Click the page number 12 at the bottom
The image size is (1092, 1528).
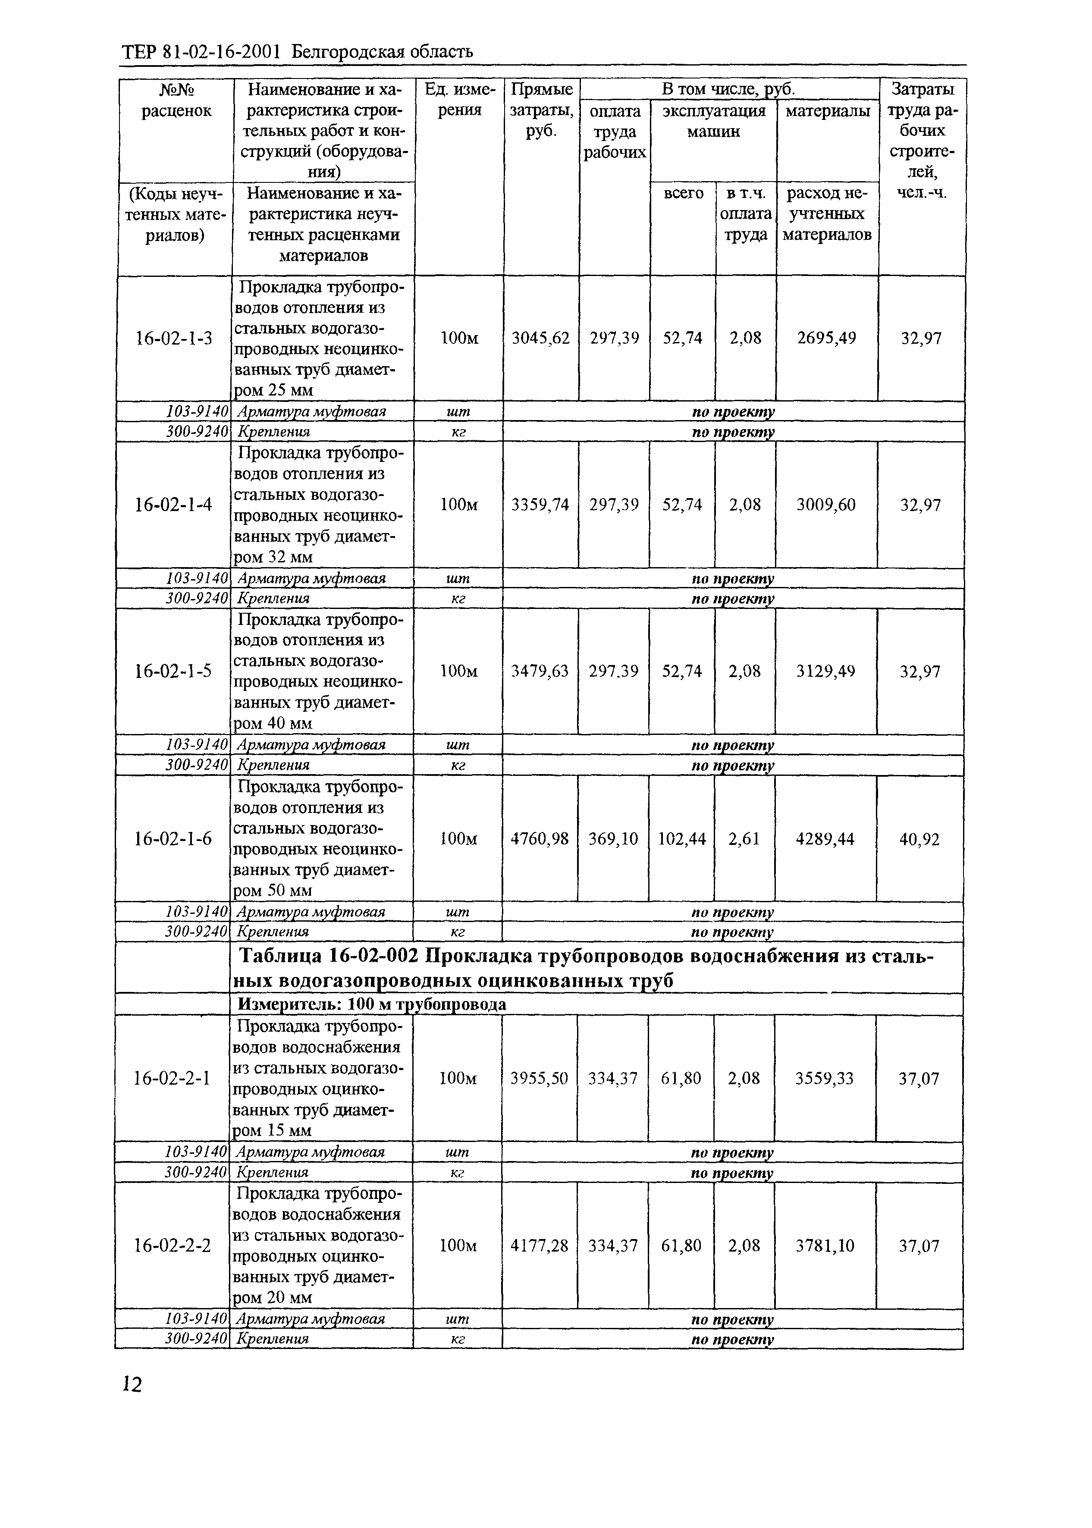132,1384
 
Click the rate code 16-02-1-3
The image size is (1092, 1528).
173,338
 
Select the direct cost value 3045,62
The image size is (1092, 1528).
541,338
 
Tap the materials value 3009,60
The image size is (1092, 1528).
826,505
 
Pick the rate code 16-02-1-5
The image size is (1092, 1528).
173,671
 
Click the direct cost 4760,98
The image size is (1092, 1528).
539,839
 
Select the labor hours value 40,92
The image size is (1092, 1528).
919,839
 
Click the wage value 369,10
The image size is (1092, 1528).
612,839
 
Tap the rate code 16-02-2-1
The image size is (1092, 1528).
172,1078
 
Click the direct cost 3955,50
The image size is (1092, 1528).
539,1078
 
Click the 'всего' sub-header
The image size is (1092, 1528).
683,194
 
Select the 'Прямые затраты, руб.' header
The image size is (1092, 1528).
541,110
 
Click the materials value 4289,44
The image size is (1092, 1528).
825,839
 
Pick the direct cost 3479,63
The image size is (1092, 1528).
539,671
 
